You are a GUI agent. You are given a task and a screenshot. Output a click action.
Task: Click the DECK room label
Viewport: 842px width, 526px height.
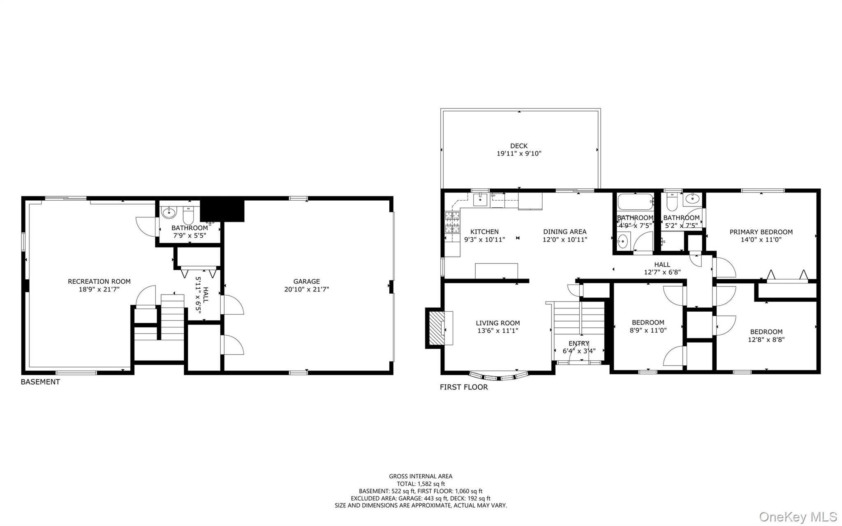point(519,146)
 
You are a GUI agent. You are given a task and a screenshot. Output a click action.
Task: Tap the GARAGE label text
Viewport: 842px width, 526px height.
point(306,282)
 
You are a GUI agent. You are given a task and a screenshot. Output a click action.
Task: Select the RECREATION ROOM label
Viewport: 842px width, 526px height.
point(99,282)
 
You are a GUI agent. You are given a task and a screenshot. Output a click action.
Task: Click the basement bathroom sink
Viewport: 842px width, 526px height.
point(168,213)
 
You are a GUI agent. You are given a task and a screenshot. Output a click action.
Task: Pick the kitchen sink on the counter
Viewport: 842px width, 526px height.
point(480,200)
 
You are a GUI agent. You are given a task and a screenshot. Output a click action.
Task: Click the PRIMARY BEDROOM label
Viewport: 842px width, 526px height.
point(761,232)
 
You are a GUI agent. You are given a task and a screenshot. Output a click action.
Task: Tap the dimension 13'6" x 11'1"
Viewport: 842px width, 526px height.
point(498,331)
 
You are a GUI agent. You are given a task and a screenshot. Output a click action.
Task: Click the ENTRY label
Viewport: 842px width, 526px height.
point(578,343)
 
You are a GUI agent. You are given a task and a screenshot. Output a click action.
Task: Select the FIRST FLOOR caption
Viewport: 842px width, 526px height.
point(464,387)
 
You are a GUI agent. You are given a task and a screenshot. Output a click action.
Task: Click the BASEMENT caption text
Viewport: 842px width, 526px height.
point(40,382)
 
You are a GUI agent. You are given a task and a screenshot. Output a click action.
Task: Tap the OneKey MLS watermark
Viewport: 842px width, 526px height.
point(798,517)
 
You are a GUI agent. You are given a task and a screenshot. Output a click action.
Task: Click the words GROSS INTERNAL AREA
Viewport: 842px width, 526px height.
point(421,476)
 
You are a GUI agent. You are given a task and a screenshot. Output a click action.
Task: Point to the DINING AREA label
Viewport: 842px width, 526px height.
point(564,232)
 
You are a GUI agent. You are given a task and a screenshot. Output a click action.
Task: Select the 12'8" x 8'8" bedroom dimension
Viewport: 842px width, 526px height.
point(766,340)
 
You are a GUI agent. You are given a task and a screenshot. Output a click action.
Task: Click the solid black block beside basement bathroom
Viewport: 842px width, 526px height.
point(222,211)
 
